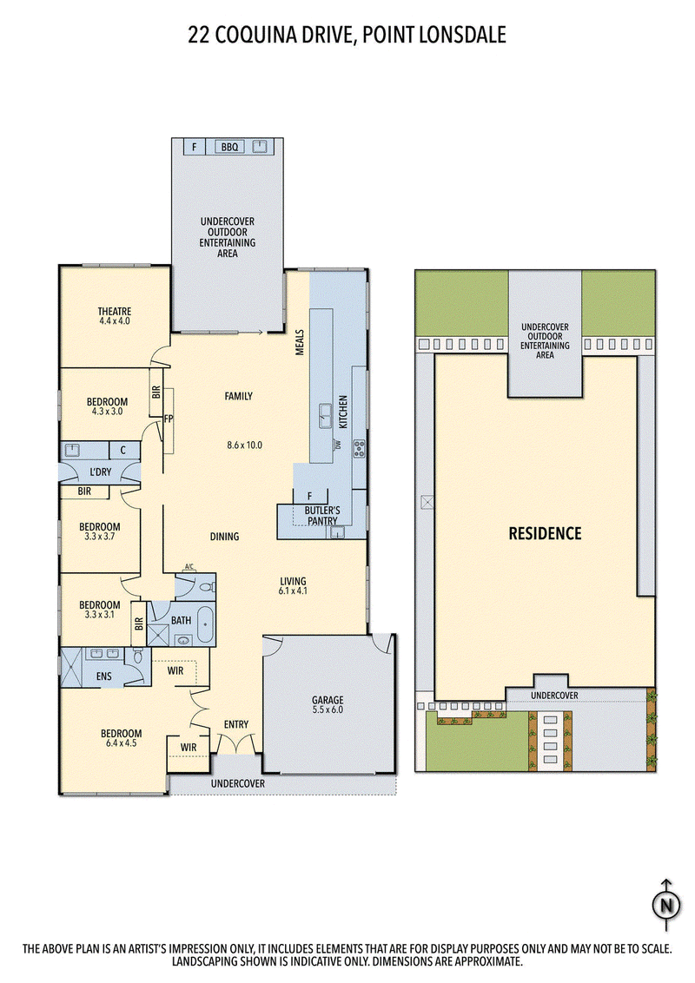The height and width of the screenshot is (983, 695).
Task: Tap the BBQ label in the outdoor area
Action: (229, 148)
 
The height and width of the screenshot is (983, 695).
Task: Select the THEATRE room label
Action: (115, 310)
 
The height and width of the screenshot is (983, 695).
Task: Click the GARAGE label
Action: (328, 699)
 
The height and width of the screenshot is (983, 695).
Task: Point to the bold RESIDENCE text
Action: (545, 533)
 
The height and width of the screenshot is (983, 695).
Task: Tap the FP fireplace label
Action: (169, 419)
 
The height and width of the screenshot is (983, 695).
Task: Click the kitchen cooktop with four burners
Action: (359, 448)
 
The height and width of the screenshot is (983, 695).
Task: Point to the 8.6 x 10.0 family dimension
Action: (244, 445)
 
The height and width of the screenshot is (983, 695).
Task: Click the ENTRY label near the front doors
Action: (235, 724)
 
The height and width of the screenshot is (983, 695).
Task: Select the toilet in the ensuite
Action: (138, 656)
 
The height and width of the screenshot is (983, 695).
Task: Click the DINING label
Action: (224, 537)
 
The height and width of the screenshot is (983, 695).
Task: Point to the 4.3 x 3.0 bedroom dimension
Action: (107, 412)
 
